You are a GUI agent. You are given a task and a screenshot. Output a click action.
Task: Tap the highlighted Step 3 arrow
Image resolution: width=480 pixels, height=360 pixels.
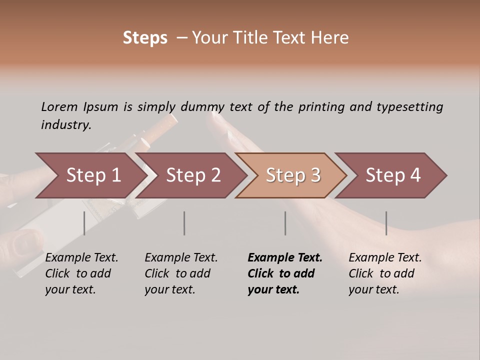pos(293,175)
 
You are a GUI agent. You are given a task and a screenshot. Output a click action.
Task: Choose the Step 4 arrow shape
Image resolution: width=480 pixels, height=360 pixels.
pos(393,175)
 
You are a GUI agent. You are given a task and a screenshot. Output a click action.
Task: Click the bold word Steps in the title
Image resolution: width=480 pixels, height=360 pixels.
pos(145,37)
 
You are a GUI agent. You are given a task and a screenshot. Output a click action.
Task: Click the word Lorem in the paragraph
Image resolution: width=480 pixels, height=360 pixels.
pos(59,107)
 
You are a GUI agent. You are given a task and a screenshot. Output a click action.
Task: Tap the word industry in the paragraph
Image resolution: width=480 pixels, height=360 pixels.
pos(65,125)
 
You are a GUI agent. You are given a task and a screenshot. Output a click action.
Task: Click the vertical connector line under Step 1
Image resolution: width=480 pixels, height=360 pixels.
pos(84,223)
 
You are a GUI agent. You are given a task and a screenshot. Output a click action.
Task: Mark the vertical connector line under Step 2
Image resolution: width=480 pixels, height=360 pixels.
pos(184,223)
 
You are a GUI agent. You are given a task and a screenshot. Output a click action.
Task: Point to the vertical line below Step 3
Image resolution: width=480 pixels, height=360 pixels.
pos(285,223)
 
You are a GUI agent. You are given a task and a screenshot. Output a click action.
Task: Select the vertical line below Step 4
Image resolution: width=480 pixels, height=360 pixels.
pos(386,223)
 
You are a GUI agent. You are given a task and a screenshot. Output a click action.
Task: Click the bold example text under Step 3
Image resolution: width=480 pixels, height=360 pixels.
pos(284,273)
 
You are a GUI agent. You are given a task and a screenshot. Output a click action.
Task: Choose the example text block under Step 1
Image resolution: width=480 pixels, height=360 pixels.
pos(81,273)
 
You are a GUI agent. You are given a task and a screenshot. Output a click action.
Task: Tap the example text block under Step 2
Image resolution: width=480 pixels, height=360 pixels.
pos(180,273)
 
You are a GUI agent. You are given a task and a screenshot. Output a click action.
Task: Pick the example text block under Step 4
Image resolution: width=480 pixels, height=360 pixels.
pos(384,273)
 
